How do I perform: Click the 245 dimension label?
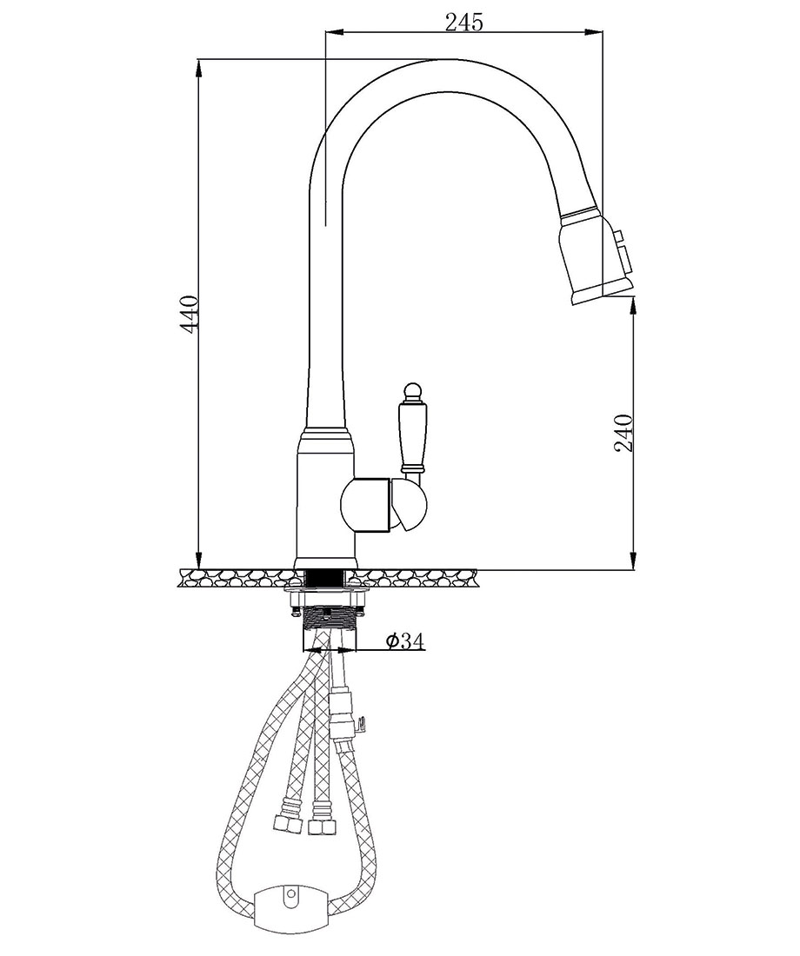463,22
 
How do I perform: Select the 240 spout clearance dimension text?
623,433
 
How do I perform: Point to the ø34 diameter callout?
404,641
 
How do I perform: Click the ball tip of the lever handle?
412,390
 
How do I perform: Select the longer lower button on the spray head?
625,259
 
